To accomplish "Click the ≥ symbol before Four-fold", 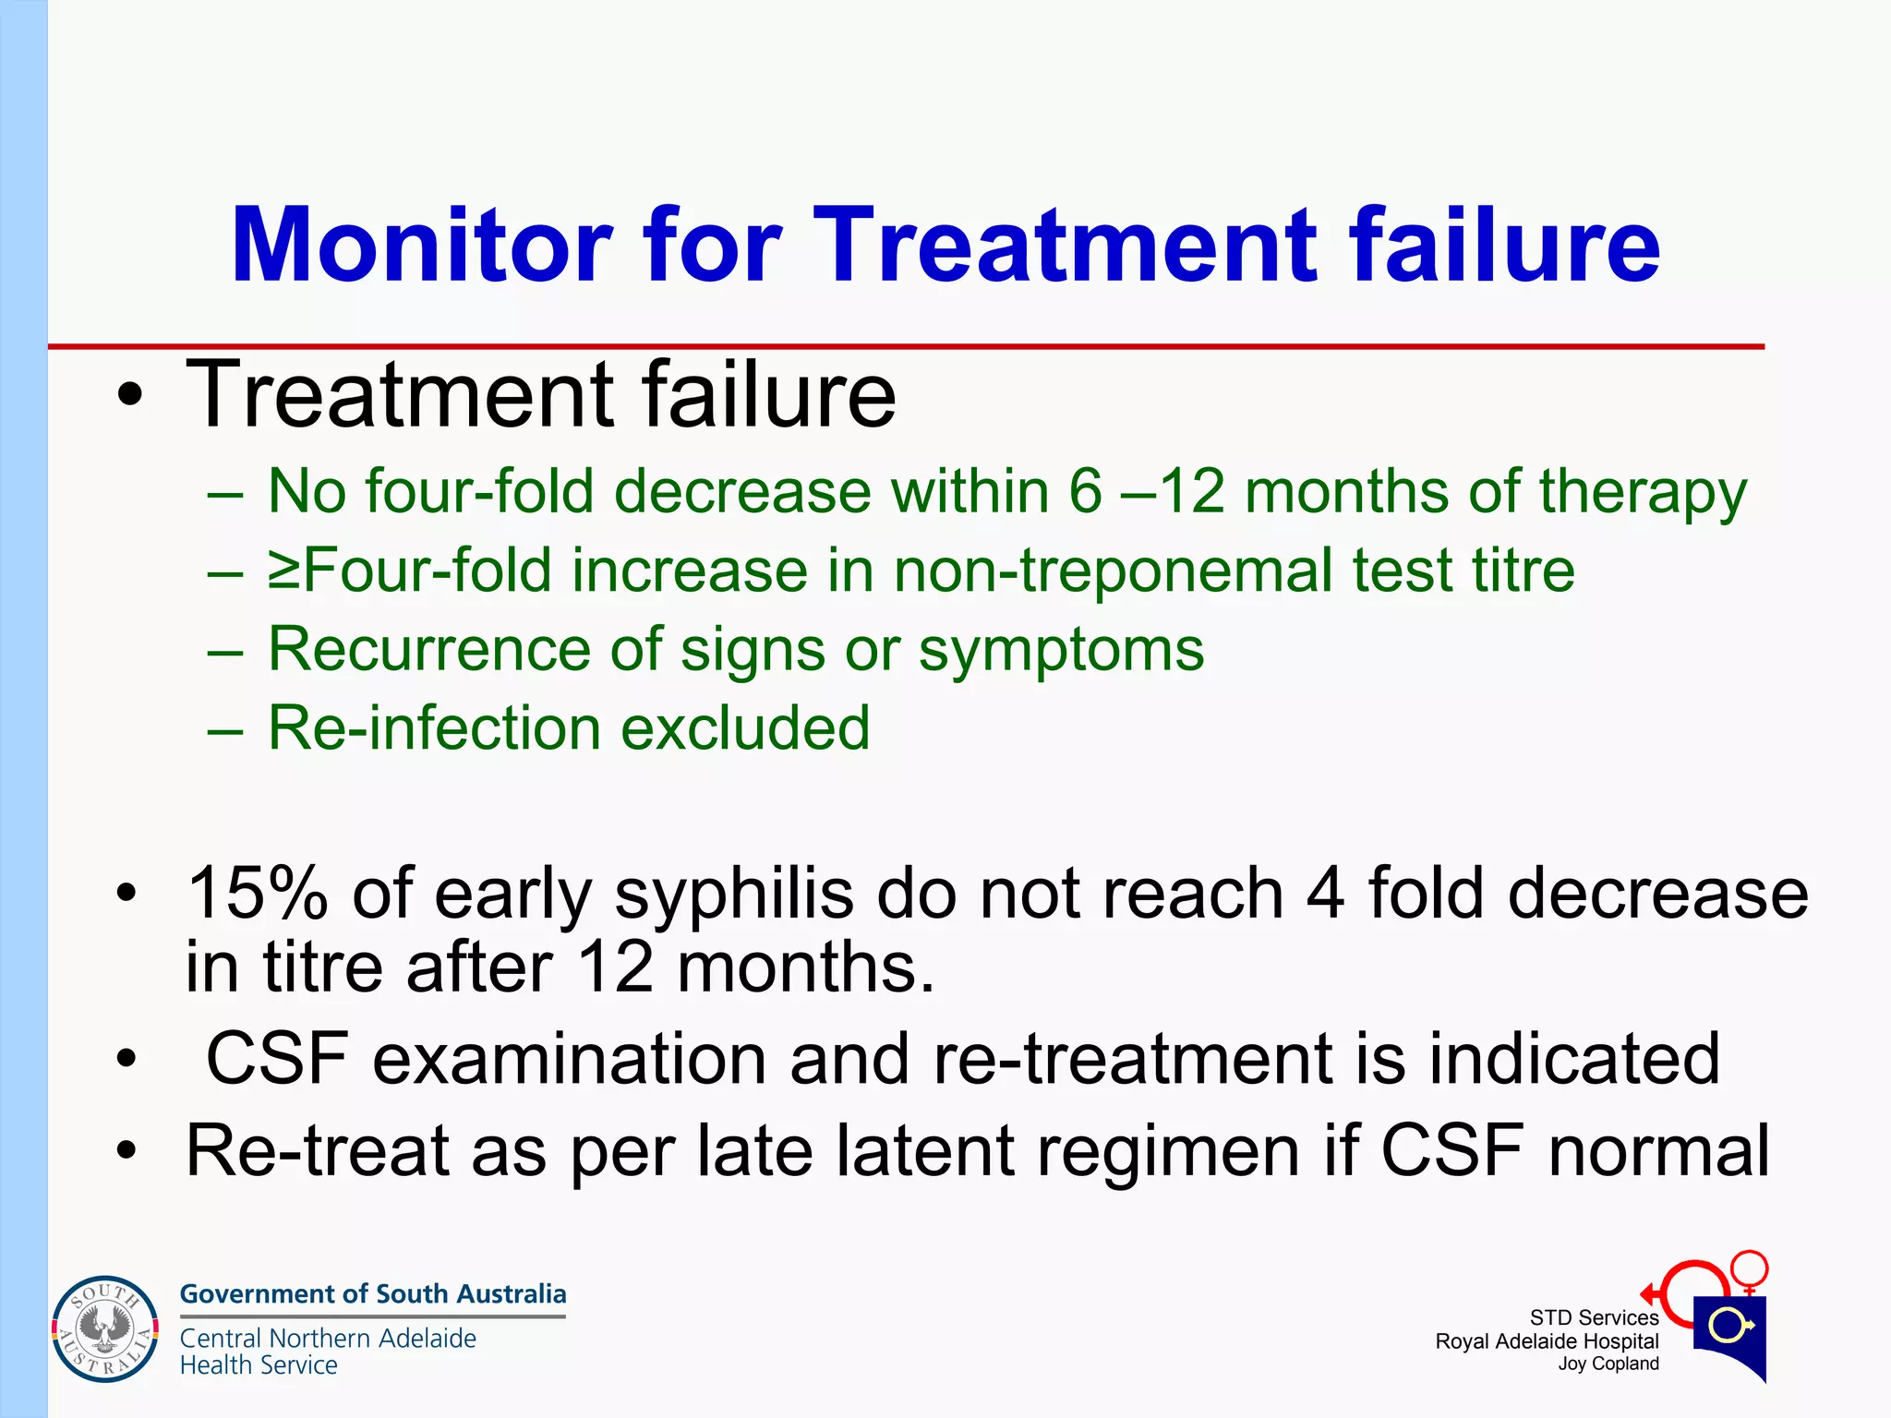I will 284,571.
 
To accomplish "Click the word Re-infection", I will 433,728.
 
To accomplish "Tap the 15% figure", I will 257,894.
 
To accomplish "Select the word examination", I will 569,1059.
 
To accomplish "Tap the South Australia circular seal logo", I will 105,1329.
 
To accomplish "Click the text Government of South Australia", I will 372,1293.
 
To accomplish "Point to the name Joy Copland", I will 1608,1364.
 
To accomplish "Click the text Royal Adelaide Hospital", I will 1547,1341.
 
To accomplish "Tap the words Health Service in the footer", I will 259,1365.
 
